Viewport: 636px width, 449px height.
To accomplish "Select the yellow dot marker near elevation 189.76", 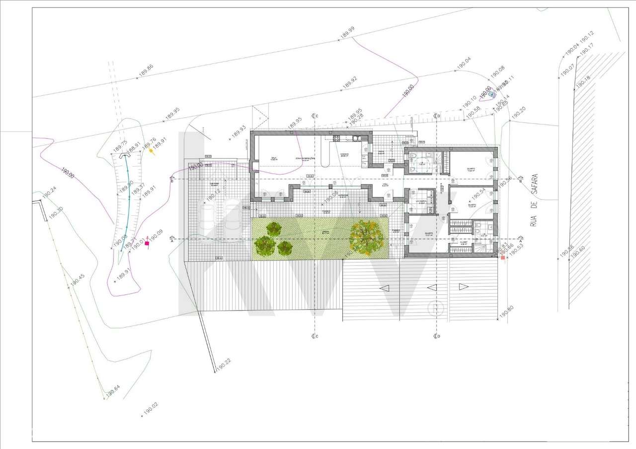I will pyautogui.click(x=151, y=150).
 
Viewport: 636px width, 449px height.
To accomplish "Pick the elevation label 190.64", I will pyautogui.click(x=112, y=391).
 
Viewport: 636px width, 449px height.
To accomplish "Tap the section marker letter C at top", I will pyautogui.click(x=317, y=116).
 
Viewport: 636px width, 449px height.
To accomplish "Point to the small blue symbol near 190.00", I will pyautogui.click(x=492, y=93).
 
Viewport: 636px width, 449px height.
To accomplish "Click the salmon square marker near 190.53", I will pyautogui.click(x=503, y=257).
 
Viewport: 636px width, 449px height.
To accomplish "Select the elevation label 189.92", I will pyautogui.click(x=350, y=83).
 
